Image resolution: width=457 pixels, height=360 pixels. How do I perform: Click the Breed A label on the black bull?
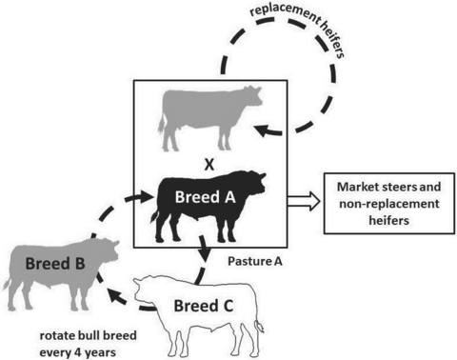tap(206, 197)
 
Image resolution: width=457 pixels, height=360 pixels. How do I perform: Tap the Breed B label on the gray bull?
tap(55, 264)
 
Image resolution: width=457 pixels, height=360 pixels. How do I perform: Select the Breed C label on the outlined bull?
tap(204, 306)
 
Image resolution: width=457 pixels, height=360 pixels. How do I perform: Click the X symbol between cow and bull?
tap(209, 165)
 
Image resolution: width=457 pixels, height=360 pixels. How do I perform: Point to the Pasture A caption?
tap(255, 261)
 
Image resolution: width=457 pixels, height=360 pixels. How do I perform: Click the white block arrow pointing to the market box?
tap(304, 201)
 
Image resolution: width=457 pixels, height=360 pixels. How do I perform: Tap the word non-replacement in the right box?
tap(389, 204)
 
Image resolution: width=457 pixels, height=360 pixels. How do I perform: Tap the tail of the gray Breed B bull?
tap(8, 283)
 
